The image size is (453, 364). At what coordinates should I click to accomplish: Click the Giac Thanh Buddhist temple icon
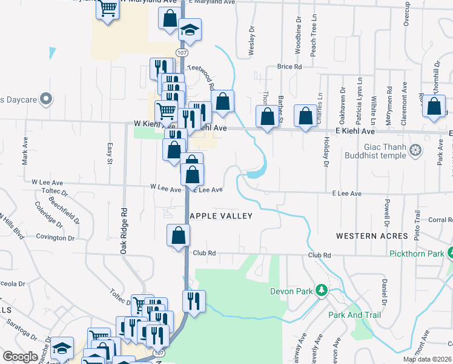pos(415,150)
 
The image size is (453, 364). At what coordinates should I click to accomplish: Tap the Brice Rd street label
pos(289,67)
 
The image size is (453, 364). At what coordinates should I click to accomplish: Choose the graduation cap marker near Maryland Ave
pos(190,30)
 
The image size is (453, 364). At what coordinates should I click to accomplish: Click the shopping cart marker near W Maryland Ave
pos(108,9)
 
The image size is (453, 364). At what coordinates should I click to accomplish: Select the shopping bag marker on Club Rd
pos(179,234)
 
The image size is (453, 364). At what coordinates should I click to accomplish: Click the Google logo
pos(20,357)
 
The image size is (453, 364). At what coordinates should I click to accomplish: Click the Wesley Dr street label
pos(251,42)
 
